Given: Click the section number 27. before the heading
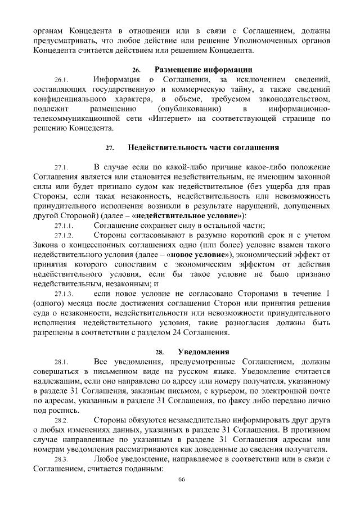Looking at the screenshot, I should pos(110,148).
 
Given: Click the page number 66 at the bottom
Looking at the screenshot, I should pos(181,479).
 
